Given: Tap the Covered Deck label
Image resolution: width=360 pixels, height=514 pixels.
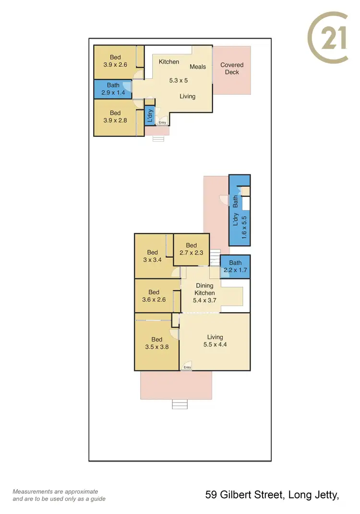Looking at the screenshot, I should (x=232, y=69).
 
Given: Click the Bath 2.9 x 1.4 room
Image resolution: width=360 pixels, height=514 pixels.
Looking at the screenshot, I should (x=113, y=89).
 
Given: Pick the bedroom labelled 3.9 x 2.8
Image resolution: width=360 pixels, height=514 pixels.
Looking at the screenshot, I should (x=115, y=117).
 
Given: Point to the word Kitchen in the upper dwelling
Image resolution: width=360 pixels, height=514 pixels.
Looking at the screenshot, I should (x=169, y=62).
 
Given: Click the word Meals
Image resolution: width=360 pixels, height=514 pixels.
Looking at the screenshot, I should (x=198, y=67).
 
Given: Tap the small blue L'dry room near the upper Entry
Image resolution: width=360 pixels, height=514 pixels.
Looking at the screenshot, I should (x=150, y=115).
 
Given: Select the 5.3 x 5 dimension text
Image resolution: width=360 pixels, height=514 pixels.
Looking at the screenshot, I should (x=179, y=81).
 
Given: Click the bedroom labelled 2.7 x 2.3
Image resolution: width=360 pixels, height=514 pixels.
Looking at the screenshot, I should (x=191, y=249).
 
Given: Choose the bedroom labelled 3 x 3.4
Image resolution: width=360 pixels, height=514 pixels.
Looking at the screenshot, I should (x=153, y=256).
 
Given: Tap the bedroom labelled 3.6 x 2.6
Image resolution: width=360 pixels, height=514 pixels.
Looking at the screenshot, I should (x=154, y=296).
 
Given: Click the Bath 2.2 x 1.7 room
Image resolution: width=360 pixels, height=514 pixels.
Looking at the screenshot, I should (x=235, y=267).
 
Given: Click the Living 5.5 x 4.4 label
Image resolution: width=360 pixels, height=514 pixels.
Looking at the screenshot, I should (x=215, y=341).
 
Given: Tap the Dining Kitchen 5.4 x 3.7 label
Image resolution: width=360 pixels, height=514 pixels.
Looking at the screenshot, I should (x=204, y=293).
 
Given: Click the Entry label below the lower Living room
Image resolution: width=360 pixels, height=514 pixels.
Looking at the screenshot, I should (x=187, y=367).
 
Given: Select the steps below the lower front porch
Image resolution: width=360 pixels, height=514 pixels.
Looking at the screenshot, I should (x=180, y=404).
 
